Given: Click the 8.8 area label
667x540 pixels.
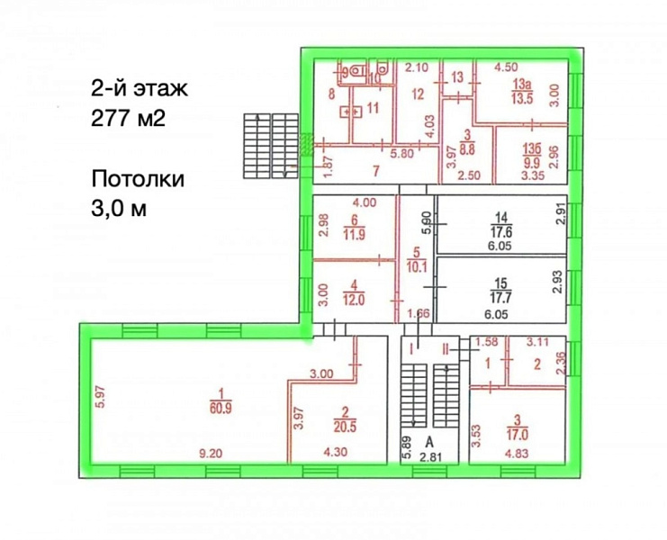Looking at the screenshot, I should pos(467,142).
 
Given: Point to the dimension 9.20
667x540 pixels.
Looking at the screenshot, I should pos(209,454).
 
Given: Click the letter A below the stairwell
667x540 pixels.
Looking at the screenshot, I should pos(430,440).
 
